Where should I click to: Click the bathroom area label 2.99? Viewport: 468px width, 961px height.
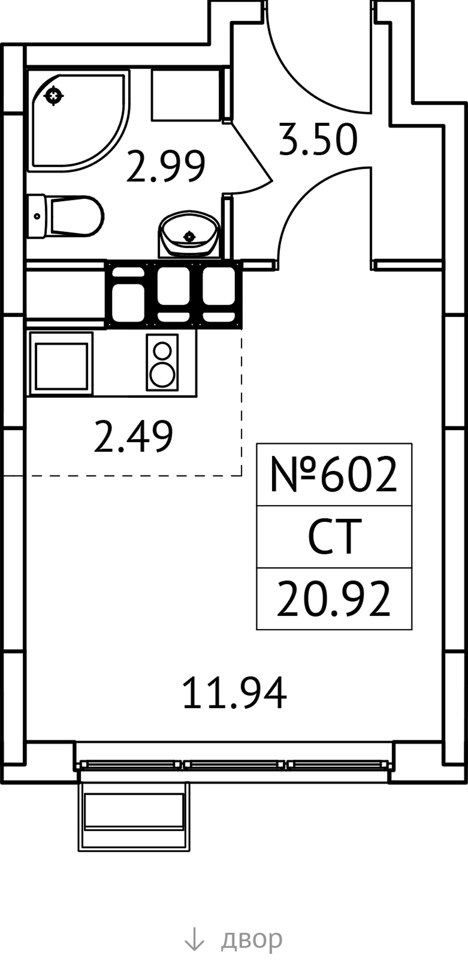point(166,166)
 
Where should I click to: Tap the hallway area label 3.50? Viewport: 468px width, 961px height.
point(319,140)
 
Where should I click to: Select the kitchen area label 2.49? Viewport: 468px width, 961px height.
point(133,436)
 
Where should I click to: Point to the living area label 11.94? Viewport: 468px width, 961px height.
point(235,693)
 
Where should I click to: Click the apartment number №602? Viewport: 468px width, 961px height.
point(334,475)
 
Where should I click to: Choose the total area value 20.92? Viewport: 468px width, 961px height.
point(334,599)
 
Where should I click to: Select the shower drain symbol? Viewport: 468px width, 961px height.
point(53,96)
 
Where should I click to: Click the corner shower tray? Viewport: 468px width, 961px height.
point(79,120)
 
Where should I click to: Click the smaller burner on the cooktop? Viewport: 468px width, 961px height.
point(162,350)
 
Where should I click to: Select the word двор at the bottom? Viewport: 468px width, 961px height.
point(251,938)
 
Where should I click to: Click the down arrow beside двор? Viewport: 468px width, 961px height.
point(195,938)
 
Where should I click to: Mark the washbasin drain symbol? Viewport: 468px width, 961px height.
point(189,236)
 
